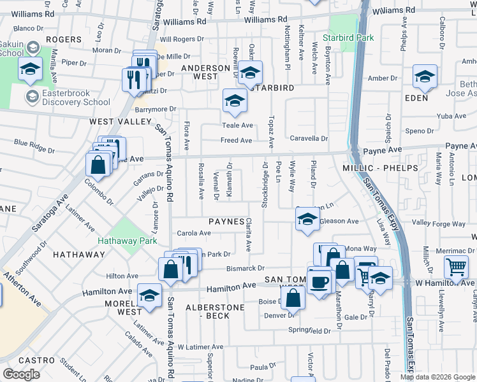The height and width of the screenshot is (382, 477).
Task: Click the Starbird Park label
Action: (348, 38)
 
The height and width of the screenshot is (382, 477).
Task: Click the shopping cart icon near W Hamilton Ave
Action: (457, 268)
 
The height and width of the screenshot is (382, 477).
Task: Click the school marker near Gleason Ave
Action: (307, 220)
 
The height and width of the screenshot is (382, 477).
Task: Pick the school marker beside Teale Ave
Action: (235, 101)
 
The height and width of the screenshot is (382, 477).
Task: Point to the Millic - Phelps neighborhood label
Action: (381, 168)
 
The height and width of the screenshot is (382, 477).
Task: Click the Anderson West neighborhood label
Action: (205, 72)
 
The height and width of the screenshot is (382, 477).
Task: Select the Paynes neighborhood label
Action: (226, 222)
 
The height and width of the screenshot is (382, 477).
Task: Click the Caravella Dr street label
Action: (309, 138)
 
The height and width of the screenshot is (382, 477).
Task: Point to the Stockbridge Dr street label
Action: (263, 184)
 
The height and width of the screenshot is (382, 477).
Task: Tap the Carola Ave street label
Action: (194, 234)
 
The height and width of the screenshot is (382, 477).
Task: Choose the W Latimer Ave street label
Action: (200, 347)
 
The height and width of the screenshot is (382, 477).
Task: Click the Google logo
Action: (21, 374)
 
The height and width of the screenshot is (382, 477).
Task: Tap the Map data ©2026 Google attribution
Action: (437, 377)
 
